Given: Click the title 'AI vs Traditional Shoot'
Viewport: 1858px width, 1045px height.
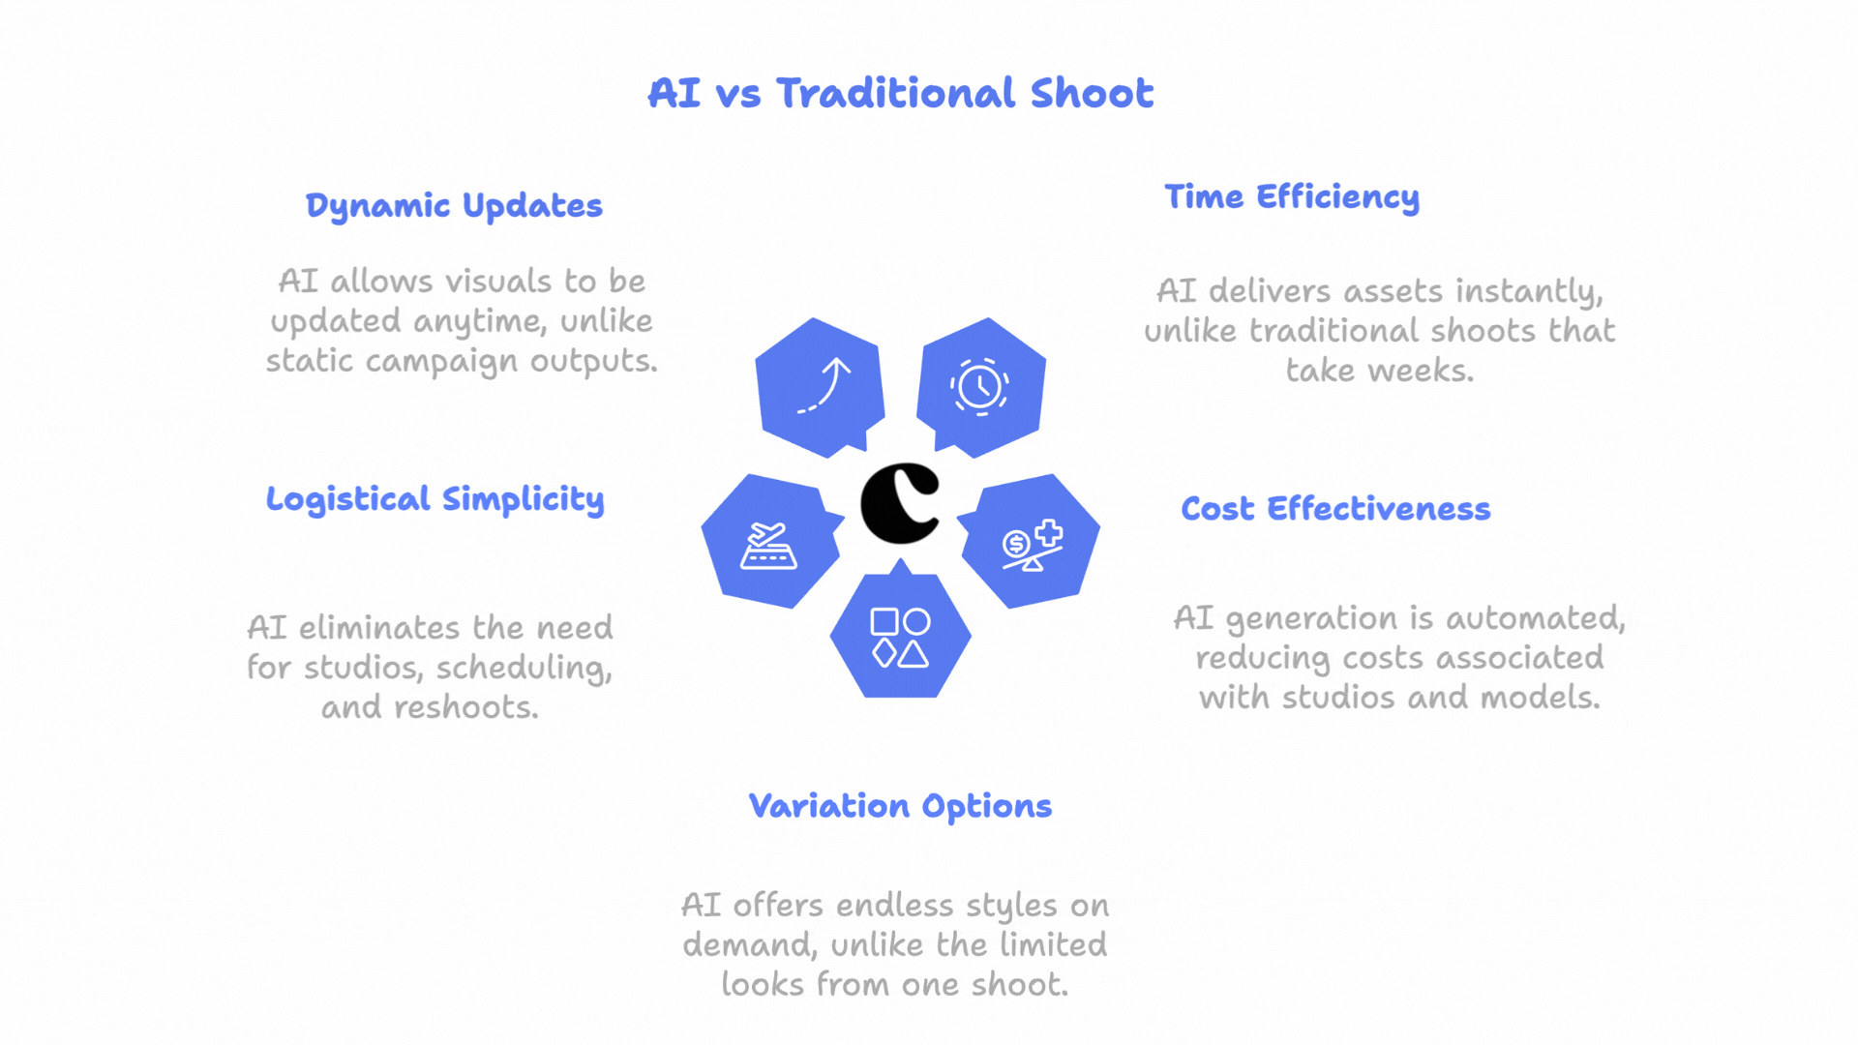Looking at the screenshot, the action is [x=900, y=93].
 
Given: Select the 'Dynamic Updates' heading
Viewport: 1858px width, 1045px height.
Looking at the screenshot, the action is [x=454, y=205].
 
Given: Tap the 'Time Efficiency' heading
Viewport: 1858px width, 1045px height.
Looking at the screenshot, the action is [x=1292, y=196].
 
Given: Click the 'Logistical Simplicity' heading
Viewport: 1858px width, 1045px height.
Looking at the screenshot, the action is [x=435, y=499].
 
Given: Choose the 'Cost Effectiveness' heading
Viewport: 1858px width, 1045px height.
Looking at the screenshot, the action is [x=1335, y=508].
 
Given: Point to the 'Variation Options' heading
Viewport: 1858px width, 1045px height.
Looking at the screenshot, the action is [x=900, y=806].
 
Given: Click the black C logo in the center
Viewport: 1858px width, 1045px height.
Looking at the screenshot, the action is [x=901, y=503].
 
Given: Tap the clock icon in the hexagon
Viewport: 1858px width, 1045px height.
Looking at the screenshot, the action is [x=979, y=387].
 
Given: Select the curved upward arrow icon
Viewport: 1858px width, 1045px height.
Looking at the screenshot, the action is [x=824, y=385].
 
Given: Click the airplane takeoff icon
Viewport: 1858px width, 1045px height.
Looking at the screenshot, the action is [x=768, y=546].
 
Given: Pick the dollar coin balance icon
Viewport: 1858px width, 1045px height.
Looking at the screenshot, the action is [x=1033, y=545].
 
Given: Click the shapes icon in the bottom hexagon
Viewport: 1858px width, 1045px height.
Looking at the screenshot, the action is [x=900, y=638].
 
